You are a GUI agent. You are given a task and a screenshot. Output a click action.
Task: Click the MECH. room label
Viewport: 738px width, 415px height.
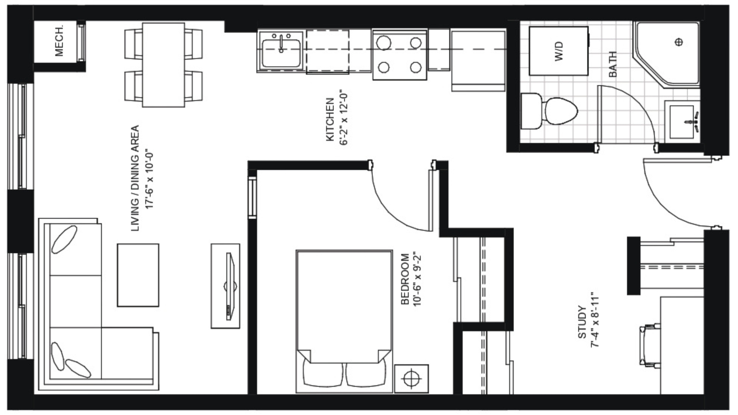(59, 41)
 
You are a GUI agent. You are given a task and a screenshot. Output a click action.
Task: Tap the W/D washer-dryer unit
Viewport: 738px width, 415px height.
(558, 51)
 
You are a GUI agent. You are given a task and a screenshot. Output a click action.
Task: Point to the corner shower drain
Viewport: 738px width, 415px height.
(679, 42)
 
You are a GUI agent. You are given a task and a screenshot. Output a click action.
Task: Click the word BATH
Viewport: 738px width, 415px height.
(613, 64)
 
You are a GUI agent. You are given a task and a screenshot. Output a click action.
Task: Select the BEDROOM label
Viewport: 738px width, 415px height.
(405, 279)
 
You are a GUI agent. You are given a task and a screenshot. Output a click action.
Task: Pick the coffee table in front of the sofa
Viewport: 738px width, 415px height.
(138, 275)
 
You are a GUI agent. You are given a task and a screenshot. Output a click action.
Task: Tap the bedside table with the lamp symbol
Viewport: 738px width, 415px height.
(411, 379)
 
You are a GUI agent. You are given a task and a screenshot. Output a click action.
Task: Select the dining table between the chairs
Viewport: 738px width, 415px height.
(163, 65)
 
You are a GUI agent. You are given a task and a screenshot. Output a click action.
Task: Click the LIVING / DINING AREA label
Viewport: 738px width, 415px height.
(135, 178)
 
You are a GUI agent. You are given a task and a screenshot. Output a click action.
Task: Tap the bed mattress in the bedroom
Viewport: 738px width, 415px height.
(344, 301)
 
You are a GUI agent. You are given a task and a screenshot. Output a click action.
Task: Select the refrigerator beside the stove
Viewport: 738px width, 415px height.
(478, 61)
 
